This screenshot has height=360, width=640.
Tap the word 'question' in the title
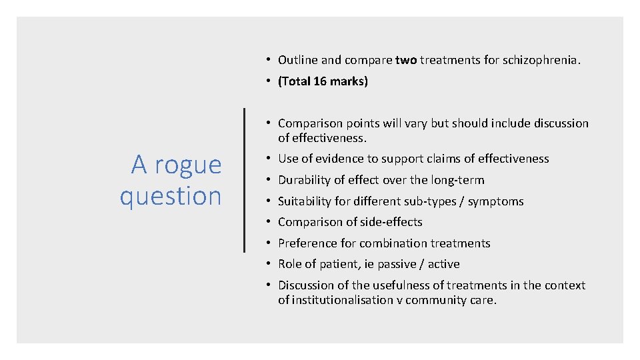pos(171,196)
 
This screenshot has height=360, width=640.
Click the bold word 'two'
pos(405,60)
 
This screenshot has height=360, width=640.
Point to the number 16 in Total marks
pos(322,81)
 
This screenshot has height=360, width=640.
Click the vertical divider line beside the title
pos(245,180)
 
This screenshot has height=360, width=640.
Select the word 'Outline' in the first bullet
pos(297,60)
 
